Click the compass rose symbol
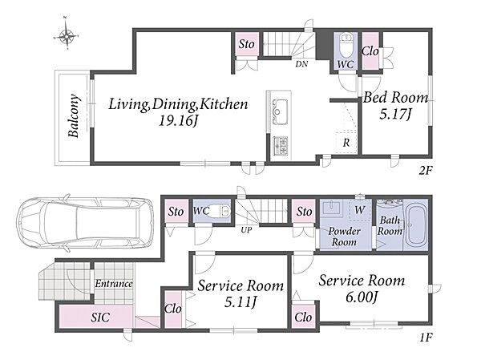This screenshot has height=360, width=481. [67, 35]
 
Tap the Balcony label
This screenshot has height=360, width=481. [74, 115]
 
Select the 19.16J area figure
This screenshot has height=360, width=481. [178, 120]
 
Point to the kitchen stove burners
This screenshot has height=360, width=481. [281, 146]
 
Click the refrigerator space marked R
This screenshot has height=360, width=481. [346, 143]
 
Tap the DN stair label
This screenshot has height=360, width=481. [301, 64]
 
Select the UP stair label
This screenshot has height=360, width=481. [246, 230]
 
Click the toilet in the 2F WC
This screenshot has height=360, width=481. [346, 45]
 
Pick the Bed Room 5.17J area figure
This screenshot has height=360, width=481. [394, 114]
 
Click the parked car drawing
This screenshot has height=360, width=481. [85, 222]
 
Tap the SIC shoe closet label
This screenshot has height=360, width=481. [100, 318]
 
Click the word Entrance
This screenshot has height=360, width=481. [114, 283]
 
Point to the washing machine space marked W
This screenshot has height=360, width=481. [359, 209]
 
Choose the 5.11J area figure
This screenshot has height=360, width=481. [240, 302]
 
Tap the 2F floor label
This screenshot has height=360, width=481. [425, 170]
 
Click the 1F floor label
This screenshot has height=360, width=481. [426, 338]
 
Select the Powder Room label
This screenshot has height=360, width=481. [344, 237]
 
